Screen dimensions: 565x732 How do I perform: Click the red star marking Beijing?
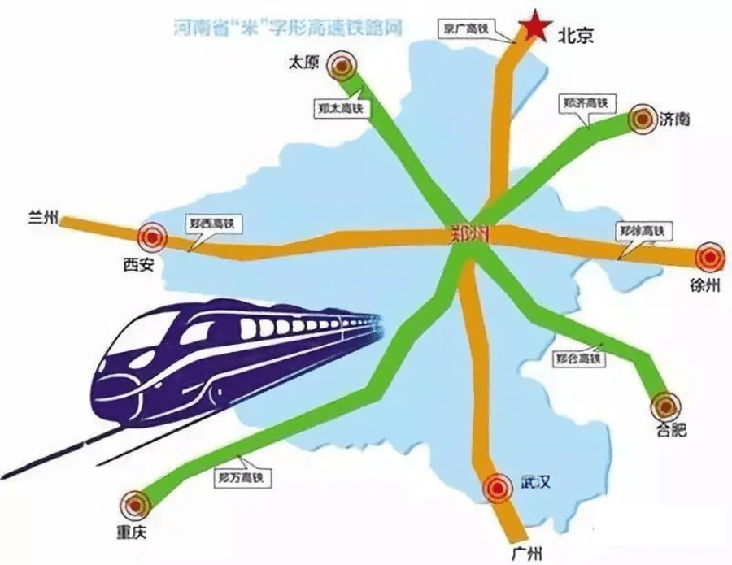tap(536, 26)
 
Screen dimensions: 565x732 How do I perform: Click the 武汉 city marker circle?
tap(495, 488)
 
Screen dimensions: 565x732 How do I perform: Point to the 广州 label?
tap(528, 554)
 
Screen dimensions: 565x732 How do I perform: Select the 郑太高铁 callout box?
tap(340, 106)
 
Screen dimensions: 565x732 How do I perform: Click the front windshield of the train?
tap(134, 342)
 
